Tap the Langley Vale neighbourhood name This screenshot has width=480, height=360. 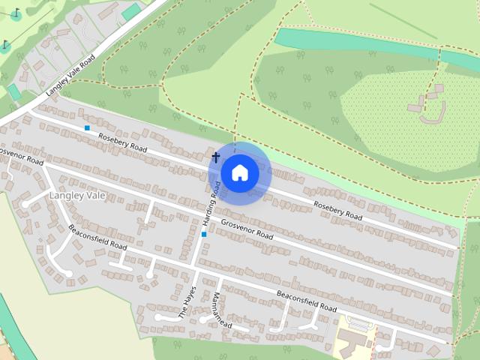coord(77,196)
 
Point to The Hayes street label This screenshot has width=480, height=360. coord(188,303)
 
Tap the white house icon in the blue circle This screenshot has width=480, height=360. coord(239,172)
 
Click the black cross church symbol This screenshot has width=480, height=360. coord(216,157)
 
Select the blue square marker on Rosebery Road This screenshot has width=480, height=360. coord(88,128)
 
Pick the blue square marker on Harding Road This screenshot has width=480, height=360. coord(204,235)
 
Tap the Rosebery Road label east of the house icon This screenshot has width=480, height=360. coord(337,210)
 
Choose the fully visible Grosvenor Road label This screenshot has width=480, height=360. coord(247,227)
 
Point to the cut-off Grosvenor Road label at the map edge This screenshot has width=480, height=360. coord(21,157)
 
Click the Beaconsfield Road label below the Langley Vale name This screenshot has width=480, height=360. coord(97,236)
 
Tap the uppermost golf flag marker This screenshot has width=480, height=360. coord(16,14)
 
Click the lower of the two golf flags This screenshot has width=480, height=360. coord(5,46)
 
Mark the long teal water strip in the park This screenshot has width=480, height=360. coord(360,42)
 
